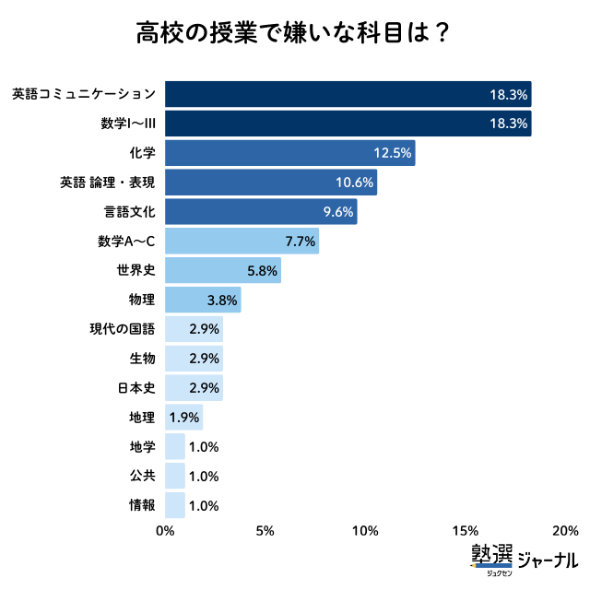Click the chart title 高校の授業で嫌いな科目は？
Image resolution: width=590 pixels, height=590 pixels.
294,34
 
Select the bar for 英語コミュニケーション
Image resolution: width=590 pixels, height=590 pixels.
348,94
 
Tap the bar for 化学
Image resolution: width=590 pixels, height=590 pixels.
289,153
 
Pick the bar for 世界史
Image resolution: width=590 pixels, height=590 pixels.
222,271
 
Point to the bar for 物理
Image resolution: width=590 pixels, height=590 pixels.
203,300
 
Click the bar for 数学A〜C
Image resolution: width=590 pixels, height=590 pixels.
242,242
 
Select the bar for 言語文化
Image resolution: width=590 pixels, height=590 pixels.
261,212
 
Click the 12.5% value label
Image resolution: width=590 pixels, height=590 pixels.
392,153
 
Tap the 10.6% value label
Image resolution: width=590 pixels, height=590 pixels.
354,183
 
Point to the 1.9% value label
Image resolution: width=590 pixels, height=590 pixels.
184,418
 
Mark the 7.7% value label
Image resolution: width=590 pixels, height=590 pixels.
300,242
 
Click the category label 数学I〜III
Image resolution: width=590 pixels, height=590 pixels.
127,124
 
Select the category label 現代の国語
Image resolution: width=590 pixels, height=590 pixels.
123,329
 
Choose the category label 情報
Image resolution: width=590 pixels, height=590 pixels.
143,505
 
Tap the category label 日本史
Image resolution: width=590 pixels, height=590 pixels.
136,388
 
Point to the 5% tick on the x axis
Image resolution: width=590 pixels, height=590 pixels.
265,531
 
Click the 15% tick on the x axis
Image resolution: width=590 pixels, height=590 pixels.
466,531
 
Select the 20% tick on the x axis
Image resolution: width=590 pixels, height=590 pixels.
564,531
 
